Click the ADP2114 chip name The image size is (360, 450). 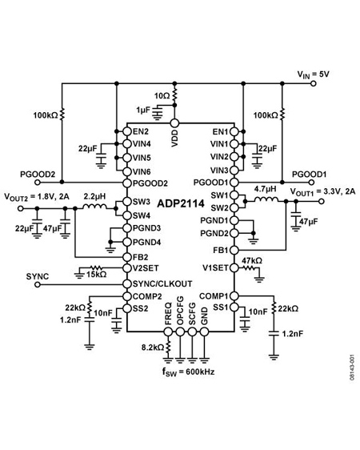(x=181, y=203)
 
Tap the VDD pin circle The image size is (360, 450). (x=174, y=123)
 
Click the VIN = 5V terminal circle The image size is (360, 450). (x=314, y=83)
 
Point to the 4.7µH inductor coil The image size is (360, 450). (x=266, y=199)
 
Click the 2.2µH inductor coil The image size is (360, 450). (x=94, y=206)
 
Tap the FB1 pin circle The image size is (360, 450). (x=234, y=251)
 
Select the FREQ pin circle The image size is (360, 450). (x=168, y=331)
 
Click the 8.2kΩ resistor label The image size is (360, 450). (x=153, y=348)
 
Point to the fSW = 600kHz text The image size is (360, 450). (x=188, y=372)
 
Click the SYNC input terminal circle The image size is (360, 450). (x=38, y=284)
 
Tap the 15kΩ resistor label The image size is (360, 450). (x=97, y=275)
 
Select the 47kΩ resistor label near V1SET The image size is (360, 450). (x=252, y=260)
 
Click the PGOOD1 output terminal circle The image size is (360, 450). (x=311, y=183)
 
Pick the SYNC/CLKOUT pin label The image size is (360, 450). (x=162, y=283)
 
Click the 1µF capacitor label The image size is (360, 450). (x=143, y=110)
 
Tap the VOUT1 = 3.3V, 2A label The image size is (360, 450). (x=322, y=191)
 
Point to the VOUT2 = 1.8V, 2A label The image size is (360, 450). (x=37, y=197)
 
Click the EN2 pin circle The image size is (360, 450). (x=127, y=132)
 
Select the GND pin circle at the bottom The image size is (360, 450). (x=204, y=331)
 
